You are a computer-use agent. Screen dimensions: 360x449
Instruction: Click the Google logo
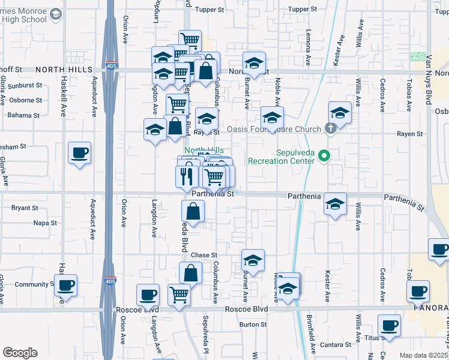[x=20, y=353]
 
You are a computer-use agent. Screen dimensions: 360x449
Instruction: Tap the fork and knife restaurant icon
[x=187, y=175]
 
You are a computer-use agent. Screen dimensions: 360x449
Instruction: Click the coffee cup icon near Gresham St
[x=79, y=154]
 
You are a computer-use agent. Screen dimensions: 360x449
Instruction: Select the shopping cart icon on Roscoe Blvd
[x=179, y=295]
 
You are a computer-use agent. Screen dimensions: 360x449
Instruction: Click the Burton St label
[x=253, y=325]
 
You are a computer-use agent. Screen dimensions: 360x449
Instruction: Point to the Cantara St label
[x=331, y=345]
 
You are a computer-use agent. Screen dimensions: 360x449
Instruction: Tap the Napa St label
[x=45, y=223]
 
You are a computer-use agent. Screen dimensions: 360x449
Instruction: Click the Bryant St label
[x=25, y=208]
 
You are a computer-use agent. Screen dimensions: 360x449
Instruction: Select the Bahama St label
[x=25, y=115]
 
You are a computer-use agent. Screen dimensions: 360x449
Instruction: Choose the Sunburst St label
[x=25, y=86]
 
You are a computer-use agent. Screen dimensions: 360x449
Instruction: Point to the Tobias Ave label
[x=409, y=94]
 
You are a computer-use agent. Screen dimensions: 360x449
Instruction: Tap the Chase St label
[x=204, y=255]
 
